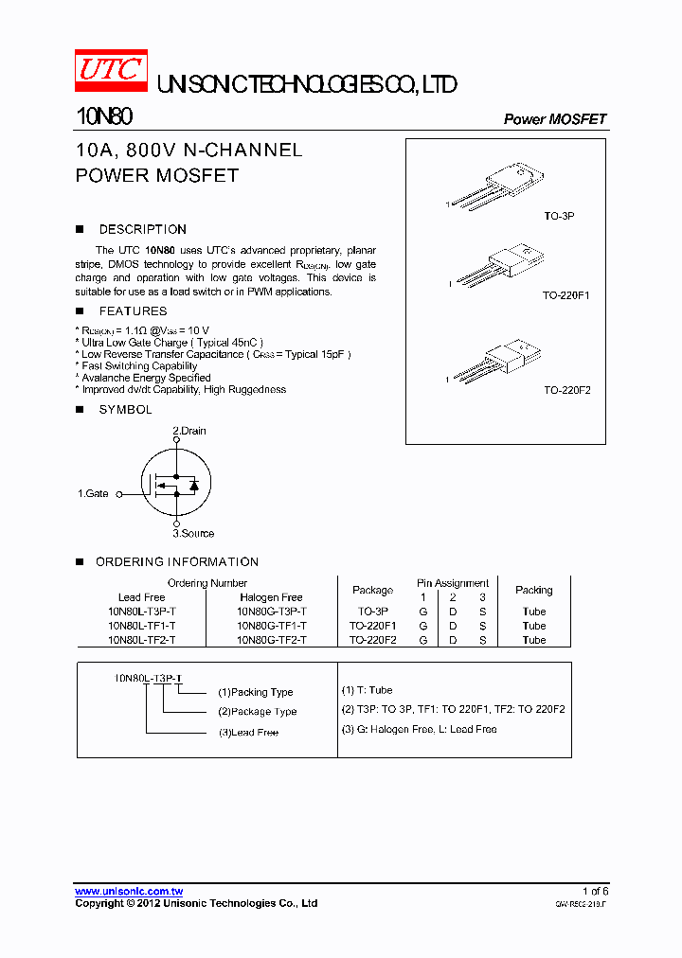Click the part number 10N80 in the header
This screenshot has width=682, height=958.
[103, 117]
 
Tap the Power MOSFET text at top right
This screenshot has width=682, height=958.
[554, 119]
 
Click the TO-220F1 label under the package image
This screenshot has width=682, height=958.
[565, 295]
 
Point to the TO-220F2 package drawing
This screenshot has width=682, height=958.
[500, 361]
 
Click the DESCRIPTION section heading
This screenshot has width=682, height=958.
[142, 229]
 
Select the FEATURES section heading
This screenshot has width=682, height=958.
[133, 310]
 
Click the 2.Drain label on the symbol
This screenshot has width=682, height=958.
[188, 431]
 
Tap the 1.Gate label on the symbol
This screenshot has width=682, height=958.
[93, 493]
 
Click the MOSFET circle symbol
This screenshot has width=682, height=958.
[176, 483]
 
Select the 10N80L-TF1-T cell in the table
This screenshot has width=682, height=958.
[141, 626]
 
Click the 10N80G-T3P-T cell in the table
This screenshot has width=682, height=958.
[271, 612]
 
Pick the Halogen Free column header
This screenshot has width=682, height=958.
[271, 597]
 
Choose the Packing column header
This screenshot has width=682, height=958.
[533, 590]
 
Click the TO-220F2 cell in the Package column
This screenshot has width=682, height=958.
[372, 640]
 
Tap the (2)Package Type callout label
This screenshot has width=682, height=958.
[257, 711]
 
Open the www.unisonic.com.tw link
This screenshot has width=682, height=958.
[129, 891]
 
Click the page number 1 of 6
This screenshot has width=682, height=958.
[595, 891]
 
